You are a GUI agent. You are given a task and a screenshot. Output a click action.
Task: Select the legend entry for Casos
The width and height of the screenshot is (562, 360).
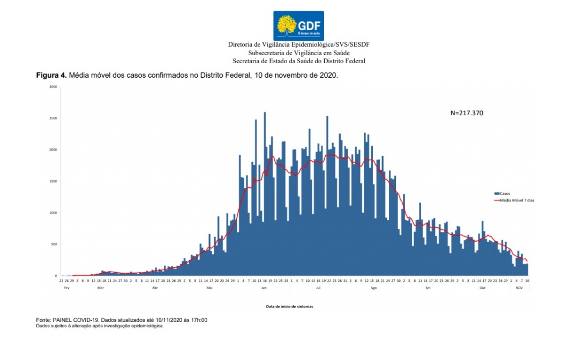click(x=503, y=193)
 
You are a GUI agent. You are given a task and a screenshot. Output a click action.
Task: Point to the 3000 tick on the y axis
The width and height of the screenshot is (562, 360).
click(x=53, y=86)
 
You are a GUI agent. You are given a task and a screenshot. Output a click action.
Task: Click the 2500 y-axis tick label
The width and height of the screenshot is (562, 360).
click(x=53, y=118)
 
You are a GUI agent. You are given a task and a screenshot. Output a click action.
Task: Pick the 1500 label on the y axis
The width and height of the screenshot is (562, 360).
click(x=53, y=181)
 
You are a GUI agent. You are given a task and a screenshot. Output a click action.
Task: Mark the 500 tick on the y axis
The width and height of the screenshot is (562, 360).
click(x=54, y=244)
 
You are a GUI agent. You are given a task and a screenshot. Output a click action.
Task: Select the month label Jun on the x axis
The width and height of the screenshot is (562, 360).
click(x=264, y=288)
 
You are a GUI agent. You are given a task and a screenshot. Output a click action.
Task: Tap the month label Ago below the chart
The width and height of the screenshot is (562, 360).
click(x=373, y=288)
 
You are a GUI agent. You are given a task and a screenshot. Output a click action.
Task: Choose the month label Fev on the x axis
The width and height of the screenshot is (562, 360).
click(x=66, y=288)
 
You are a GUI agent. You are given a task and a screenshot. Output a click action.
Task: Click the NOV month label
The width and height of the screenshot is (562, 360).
click(x=519, y=288)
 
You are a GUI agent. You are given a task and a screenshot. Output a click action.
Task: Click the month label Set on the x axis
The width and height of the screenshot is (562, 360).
click(x=428, y=288)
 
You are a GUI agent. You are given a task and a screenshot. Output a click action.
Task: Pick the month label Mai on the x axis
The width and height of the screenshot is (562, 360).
click(x=209, y=288)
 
